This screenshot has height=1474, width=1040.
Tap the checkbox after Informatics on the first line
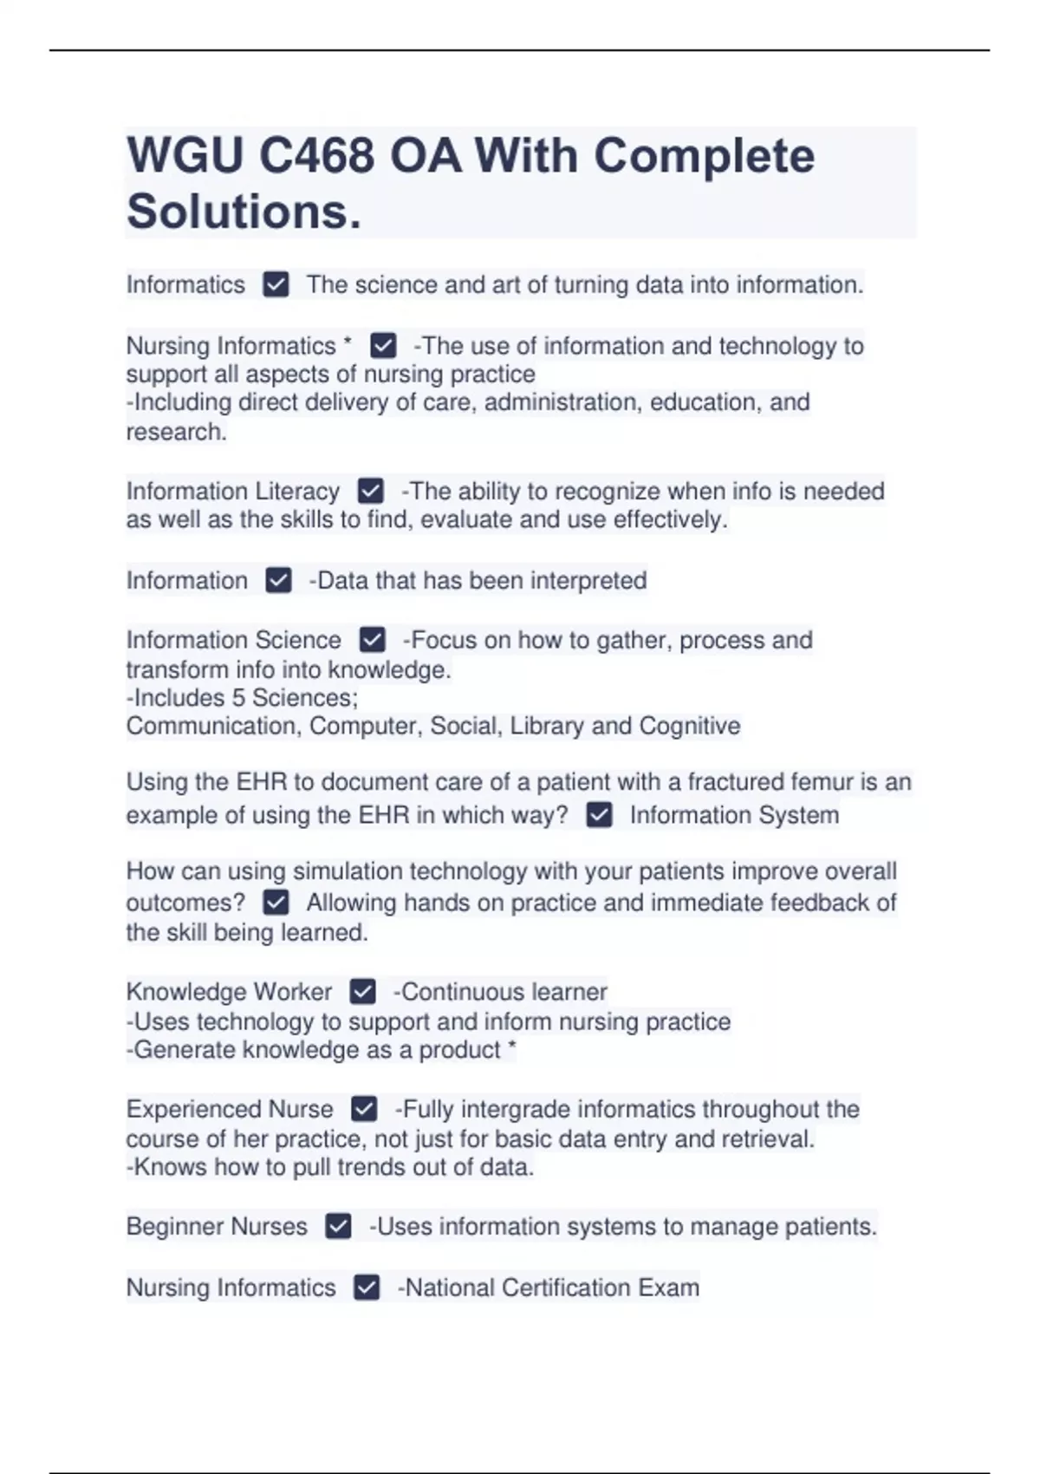pos(276,284)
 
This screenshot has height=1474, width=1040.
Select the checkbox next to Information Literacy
pos(370,492)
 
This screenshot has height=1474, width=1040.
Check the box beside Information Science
pos(372,640)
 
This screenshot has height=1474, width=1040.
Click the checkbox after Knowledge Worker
pos(362,991)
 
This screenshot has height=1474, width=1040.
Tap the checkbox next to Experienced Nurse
pos(364,1109)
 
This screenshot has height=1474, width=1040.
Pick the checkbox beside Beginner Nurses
pos(338,1227)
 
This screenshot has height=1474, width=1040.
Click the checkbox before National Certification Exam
pos(367,1288)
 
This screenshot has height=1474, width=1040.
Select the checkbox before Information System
pos(599,815)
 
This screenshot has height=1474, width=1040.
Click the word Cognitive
pos(689,726)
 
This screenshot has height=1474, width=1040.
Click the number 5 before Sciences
pos(238,698)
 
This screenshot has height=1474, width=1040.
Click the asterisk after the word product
pos(511,1047)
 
